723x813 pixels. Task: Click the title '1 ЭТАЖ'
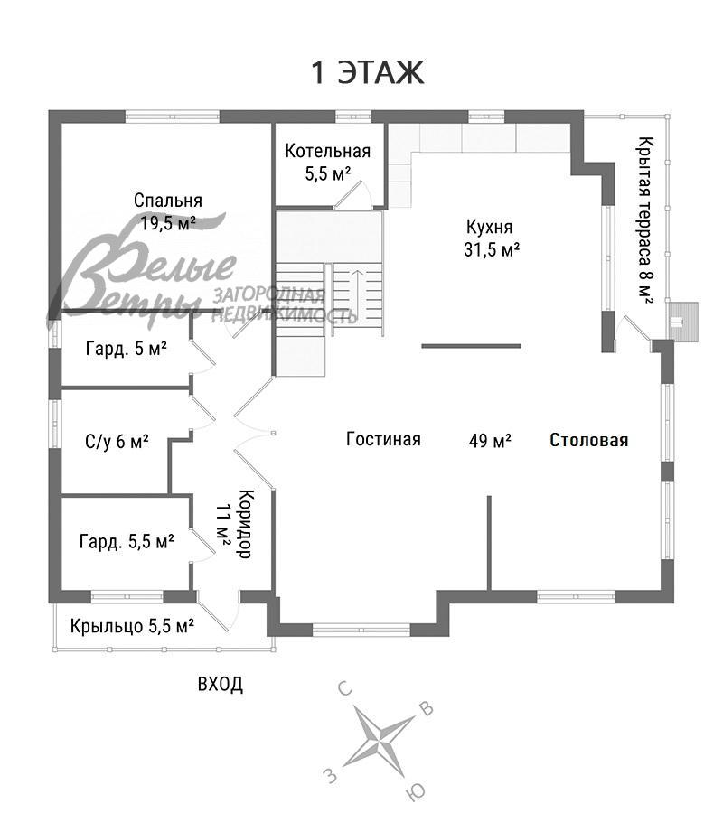click(x=367, y=73)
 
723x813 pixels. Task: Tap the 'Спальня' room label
click(x=168, y=201)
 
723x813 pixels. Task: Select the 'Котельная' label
click(x=328, y=152)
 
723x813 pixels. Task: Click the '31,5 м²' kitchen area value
click(x=491, y=250)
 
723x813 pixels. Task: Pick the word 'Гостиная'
click(x=383, y=440)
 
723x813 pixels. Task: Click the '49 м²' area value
click(x=490, y=441)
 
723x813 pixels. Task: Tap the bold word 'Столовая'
click(x=589, y=441)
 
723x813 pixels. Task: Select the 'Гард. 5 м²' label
click(x=127, y=348)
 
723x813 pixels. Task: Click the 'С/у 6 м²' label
click(x=117, y=442)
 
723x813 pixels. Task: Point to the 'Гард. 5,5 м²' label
click(x=127, y=541)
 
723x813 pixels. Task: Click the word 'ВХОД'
click(x=220, y=684)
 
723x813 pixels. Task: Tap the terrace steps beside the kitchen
click(x=686, y=321)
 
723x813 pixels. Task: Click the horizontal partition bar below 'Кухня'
click(x=471, y=345)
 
